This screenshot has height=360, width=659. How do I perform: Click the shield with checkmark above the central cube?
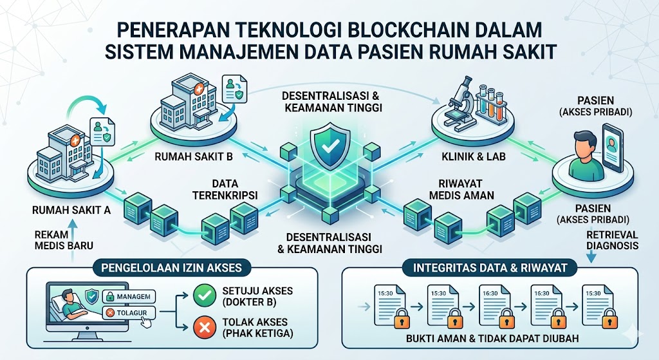tap(329, 147)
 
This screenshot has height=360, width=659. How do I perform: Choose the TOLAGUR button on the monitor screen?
tap(127, 312)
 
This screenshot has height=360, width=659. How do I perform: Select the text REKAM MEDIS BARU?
tap(62, 239)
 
